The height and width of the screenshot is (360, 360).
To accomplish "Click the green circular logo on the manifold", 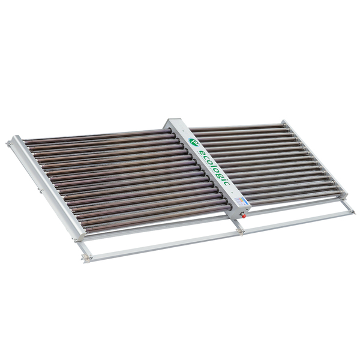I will click(x=193, y=142).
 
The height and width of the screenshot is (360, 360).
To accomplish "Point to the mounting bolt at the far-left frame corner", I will click(x=9, y=143).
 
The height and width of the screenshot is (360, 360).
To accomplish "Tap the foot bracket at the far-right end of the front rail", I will click(x=350, y=210).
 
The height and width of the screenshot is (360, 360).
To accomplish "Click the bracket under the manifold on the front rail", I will click(x=240, y=230).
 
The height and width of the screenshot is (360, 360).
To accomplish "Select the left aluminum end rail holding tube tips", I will click(x=48, y=187).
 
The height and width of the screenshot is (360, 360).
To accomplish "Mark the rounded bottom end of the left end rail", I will click(x=79, y=237).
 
